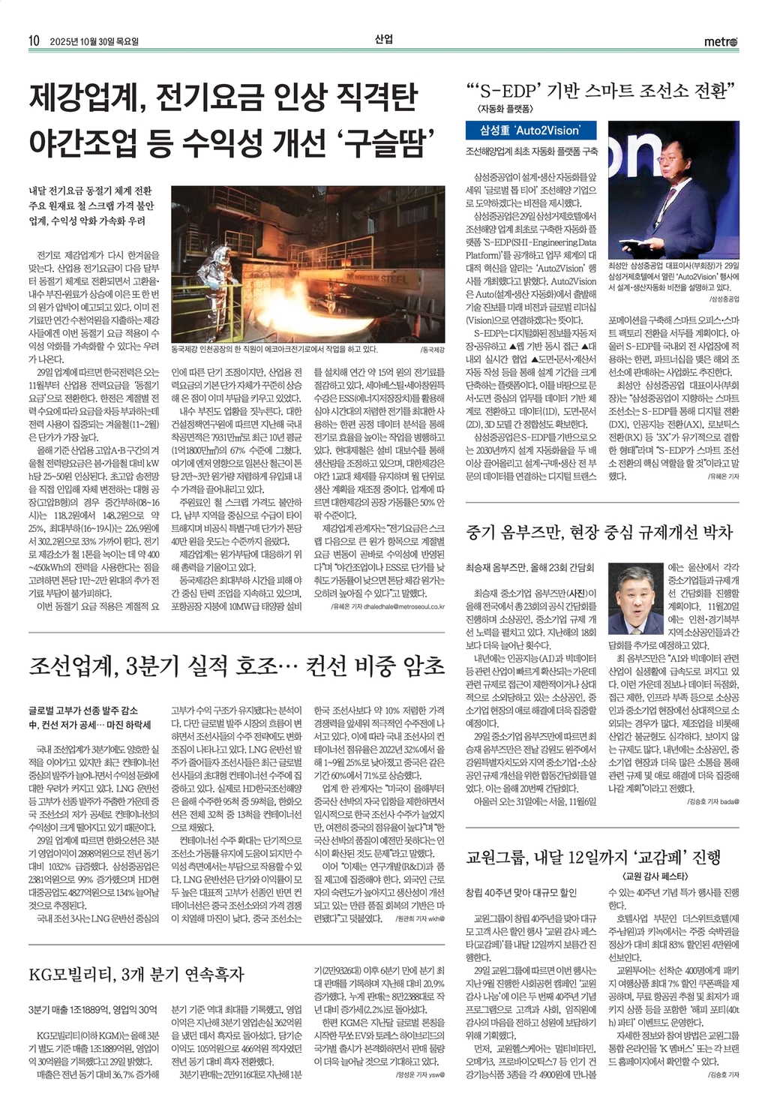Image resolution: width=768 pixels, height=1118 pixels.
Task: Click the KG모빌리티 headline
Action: point(136,975)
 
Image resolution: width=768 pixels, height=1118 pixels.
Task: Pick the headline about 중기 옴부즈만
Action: point(599,532)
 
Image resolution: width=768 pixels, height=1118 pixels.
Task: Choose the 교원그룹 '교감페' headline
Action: point(593,856)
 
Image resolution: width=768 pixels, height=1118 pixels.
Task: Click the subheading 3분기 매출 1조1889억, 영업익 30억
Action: point(93,1009)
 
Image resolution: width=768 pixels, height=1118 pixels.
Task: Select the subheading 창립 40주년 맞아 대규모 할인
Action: point(520,893)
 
